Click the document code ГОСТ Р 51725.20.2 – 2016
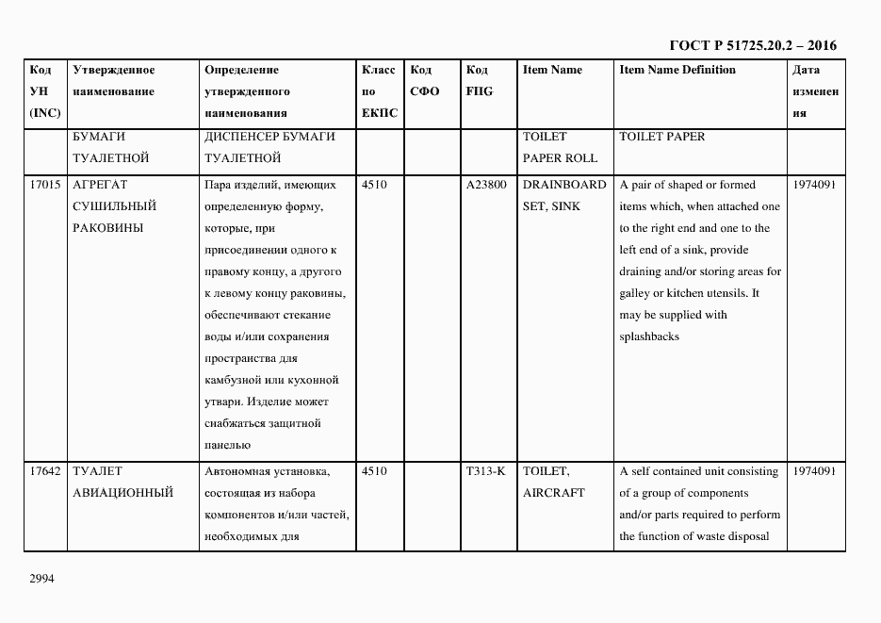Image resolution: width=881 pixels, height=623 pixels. [x=753, y=45]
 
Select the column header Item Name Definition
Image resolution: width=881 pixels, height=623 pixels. [x=677, y=70]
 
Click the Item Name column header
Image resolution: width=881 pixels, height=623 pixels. [x=552, y=70]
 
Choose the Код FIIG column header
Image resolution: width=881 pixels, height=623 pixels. [x=479, y=80]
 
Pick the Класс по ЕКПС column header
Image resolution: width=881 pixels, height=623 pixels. [x=380, y=91]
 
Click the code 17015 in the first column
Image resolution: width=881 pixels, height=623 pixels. [x=45, y=185]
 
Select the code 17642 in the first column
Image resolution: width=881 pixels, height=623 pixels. [x=45, y=471]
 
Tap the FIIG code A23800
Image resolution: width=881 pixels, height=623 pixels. [x=486, y=185]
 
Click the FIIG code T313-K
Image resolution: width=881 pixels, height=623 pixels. [x=485, y=471]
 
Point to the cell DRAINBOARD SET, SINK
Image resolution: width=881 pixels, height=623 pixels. [x=563, y=195]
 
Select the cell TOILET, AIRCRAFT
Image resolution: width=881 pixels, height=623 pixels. [x=553, y=482]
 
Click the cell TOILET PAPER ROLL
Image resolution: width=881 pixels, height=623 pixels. [x=560, y=147]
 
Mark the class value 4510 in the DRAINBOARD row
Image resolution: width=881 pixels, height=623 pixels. [x=374, y=185]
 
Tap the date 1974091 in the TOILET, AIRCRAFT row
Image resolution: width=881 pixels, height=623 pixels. [x=814, y=471]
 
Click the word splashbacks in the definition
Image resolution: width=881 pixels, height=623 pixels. [x=649, y=337]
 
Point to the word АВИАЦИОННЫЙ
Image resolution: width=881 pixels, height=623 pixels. [x=122, y=493]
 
